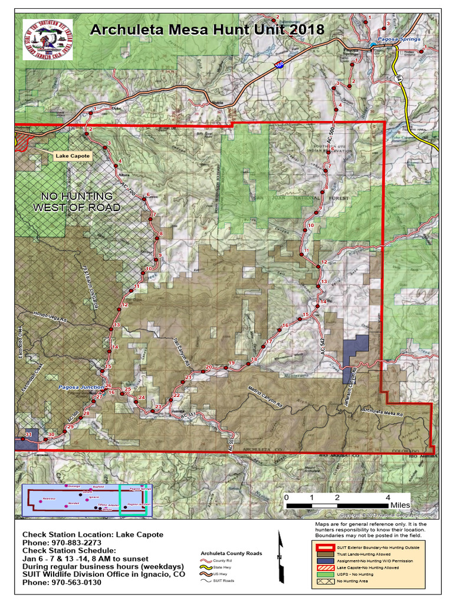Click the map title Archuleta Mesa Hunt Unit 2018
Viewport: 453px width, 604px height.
pyautogui.click(x=206, y=29)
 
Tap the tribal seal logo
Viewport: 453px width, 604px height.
pyautogui.click(x=47, y=39)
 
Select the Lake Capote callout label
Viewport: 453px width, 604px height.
pyautogui.click(x=73, y=156)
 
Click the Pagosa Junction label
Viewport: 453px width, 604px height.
pyautogui.click(x=80, y=387)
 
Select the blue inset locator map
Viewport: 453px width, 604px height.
pyautogui.click(x=87, y=501)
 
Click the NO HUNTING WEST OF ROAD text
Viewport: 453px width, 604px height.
pyautogui.click(x=77, y=201)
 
